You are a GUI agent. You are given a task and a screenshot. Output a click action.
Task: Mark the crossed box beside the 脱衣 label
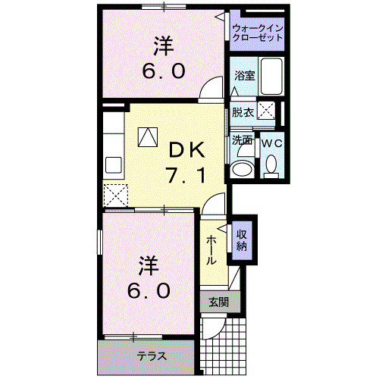pos(266,110)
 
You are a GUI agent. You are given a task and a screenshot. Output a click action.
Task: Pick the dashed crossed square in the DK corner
pos(116,194)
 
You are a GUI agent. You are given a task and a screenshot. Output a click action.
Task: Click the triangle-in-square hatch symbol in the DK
pos(146,136)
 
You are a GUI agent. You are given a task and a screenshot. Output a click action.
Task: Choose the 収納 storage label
pos(242,240)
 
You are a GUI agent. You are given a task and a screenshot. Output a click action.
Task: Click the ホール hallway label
pos(212,248)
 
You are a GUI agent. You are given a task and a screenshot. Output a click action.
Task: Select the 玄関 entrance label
pos(218,302)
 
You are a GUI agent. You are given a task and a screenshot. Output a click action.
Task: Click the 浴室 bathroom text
pos(244,76)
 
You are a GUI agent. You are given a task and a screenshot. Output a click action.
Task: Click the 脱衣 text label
pos(243,111)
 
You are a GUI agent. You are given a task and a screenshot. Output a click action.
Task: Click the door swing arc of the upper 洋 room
pos(206,91)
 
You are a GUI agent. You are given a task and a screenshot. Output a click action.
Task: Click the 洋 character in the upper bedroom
pos(161,46)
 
